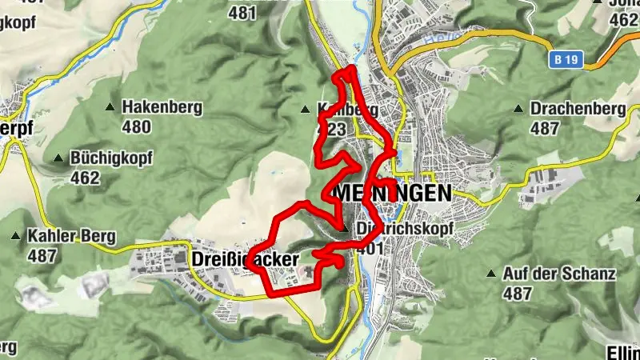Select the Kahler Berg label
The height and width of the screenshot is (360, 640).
[71, 237]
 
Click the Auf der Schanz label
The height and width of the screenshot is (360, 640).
[559, 274]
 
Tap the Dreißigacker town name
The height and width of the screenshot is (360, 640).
[245, 259]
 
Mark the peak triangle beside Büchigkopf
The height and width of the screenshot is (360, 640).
[58, 158]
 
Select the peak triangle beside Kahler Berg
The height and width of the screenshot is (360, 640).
[15, 237]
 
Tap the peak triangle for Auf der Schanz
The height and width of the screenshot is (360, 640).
[491, 274]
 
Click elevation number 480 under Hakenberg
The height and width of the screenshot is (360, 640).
[137, 126]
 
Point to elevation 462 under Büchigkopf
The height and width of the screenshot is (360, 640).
[86, 177]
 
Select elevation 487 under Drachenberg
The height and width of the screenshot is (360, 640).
[545, 128]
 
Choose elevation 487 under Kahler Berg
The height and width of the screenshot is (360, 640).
[42, 256]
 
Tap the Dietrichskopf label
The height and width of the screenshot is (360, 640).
[405, 229]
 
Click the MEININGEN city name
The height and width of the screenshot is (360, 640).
[392, 194]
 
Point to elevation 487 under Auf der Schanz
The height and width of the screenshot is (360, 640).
[518, 293]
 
